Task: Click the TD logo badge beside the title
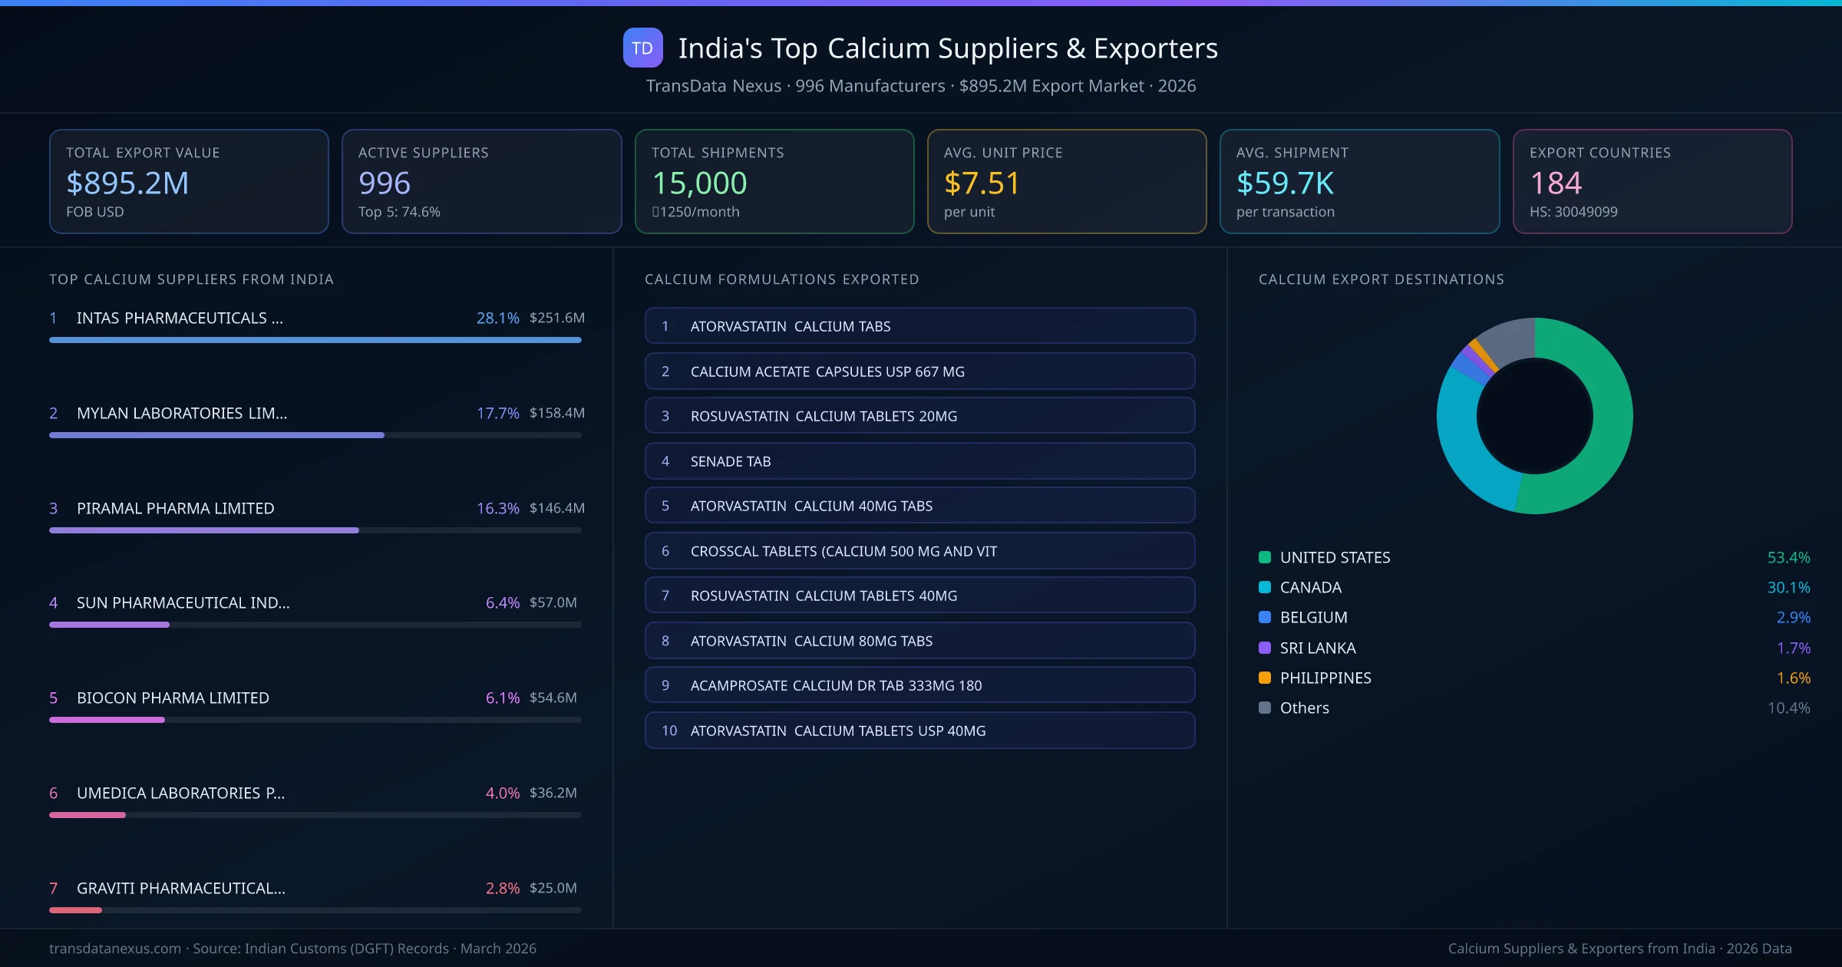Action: [x=642, y=48]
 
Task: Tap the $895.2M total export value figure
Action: [x=127, y=183]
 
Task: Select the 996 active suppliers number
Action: [x=385, y=183]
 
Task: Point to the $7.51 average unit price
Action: [x=982, y=183]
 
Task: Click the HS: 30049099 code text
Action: [x=1573, y=212]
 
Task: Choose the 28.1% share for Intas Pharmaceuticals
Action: [x=497, y=318]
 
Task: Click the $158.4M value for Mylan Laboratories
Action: [x=556, y=413]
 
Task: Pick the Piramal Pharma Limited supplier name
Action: [x=175, y=508]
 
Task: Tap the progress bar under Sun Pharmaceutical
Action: [x=315, y=625]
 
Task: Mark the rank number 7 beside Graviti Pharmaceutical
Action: [x=54, y=888]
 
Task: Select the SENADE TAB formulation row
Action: [x=919, y=461]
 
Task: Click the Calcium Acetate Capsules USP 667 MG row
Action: [x=919, y=371]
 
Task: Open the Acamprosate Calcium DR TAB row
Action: [x=919, y=685]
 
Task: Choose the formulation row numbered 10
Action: [x=919, y=731]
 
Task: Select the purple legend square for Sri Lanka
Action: [x=1265, y=648]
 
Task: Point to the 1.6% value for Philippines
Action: [x=1793, y=678]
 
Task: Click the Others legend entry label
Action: [x=1304, y=708]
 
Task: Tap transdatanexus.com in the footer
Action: [x=115, y=949]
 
